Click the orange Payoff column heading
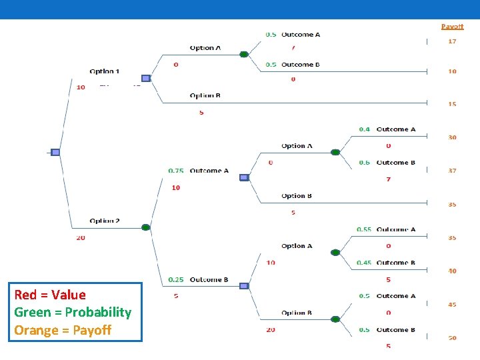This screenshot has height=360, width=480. pyautogui.click(x=452, y=27)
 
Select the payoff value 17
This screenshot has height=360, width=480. pyautogui.click(x=452, y=41)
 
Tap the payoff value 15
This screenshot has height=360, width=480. pyautogui.click(x=452, y=104)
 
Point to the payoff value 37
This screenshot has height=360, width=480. pyautogui.click(x=452, y=171)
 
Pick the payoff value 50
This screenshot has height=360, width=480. pyautogui.click(x=452, y=338)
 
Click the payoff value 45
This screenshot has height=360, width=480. pyautogui.click(x=452, y=305)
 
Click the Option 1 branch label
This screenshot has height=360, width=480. pyautogui.click(x=105, y=71)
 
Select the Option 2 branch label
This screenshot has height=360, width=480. pyautogui.click(x=105, y=221)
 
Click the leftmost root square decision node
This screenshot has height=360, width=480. pyautogui.click(x=55, y=152)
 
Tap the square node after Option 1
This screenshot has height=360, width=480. pyautogui.click(x=145, y=78)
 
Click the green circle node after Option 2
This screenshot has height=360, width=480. pyautogui.click(x=145, y=227)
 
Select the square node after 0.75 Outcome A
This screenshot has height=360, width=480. pyautogui.click(x=243, y=177)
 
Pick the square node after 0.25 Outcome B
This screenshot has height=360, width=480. pyautogui.click(x=243, y=286)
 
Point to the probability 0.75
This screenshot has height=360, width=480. pyautogui.click(x=176, y=171)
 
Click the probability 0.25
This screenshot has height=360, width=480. pyautogui.click(x=176, y=280)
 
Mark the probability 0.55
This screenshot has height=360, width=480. pyautogui.click(x=364, y=229)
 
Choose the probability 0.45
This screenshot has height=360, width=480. pyautogui.click(x=364, y=263)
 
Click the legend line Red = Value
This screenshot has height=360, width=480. pyautogui.click(x=50, y=295)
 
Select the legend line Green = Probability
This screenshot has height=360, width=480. pyautogui.click(x=73, y=312)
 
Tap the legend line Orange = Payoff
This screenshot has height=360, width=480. pyautogui.click(x=63, y=329)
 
